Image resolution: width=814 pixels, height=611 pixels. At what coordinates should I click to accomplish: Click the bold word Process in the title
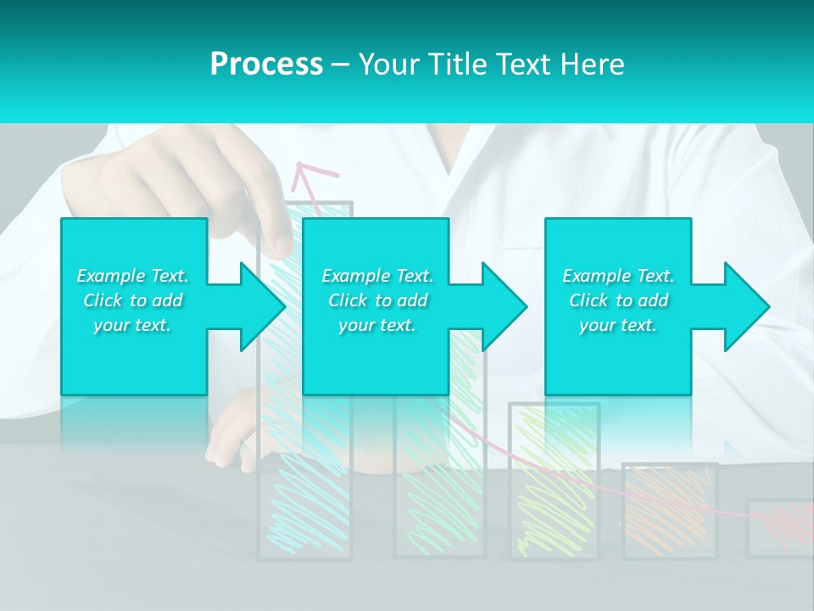(x=266, y=64)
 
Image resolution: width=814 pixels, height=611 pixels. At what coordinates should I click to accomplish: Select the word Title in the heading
(x=458, y=64)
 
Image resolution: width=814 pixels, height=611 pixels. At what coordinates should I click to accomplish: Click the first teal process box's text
(x=132, y=300)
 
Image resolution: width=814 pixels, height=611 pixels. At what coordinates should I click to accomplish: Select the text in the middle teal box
(x=377, y=300)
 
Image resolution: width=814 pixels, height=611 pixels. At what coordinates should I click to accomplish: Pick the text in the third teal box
(x=618, y=300)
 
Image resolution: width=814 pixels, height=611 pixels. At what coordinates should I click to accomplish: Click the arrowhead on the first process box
(x=259, y=306)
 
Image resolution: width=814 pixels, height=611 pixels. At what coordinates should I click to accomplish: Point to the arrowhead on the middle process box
(x=502, y=306)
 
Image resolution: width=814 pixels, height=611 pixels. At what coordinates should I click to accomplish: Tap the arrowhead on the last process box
(x=744, y=306)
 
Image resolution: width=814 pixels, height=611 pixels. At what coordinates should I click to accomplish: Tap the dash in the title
(x=340, y=64)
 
